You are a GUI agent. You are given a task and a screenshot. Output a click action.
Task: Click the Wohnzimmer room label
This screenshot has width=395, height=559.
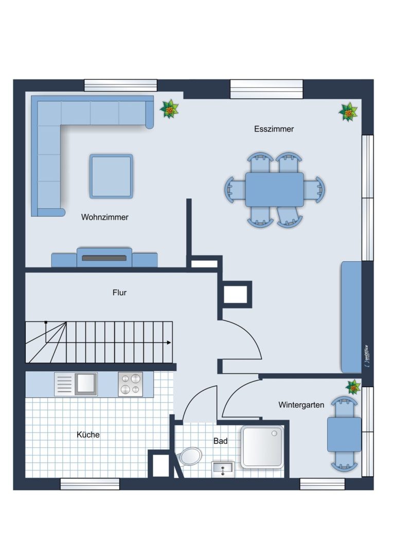pos(105,217)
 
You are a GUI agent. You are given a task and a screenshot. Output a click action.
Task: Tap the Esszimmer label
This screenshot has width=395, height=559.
pos(274,129)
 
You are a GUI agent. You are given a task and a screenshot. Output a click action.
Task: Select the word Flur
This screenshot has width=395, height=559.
pos(119,293)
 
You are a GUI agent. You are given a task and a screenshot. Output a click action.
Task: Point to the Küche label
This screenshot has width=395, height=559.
pos(88,435)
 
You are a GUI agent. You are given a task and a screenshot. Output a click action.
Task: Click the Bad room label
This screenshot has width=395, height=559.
pos(220,441)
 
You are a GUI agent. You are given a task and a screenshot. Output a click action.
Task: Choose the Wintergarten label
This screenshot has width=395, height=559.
pos(301,405)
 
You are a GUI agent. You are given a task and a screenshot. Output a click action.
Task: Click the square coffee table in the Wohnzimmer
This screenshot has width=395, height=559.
pos(111,176)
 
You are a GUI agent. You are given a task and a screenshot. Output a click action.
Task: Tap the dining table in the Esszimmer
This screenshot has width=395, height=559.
pos(275,189)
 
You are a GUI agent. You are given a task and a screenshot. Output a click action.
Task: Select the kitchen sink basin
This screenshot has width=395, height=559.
pos(85,384)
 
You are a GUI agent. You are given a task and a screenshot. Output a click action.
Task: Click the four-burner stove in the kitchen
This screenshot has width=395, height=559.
pos(131,384)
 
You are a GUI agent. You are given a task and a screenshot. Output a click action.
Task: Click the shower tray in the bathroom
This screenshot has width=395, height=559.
pos(262,447)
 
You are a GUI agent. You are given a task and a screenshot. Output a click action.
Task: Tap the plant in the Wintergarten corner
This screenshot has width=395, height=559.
pos(353,387)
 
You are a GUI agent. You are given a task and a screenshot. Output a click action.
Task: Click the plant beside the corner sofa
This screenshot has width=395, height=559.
pos(169,109)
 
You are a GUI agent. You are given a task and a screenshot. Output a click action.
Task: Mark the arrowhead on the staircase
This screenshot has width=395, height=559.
pos(169,342)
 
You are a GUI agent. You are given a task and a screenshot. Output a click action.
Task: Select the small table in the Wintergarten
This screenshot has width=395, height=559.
pos(344,435)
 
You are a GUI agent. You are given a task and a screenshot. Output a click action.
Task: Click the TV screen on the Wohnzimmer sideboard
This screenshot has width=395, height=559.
pos(104,258)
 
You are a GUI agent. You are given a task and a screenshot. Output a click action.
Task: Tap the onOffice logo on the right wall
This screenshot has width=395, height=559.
pos(367,356)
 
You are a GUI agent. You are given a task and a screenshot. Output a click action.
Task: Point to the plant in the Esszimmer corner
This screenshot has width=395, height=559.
pos(348,112)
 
